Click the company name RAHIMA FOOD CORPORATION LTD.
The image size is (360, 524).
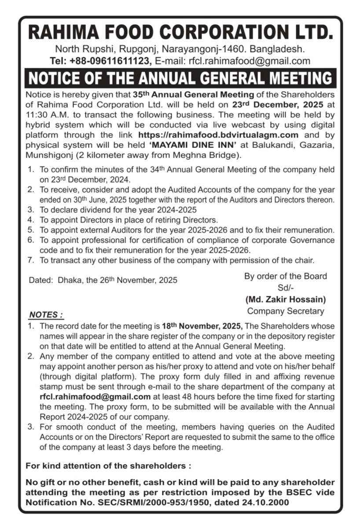180,33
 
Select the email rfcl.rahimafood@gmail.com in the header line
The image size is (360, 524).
250,61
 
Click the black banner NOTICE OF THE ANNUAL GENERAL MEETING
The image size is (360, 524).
180,78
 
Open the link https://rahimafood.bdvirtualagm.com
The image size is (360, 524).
218,134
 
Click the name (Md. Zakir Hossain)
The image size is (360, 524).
286,299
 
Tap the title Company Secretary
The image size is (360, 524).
286,311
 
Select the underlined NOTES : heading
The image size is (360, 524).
46,315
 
